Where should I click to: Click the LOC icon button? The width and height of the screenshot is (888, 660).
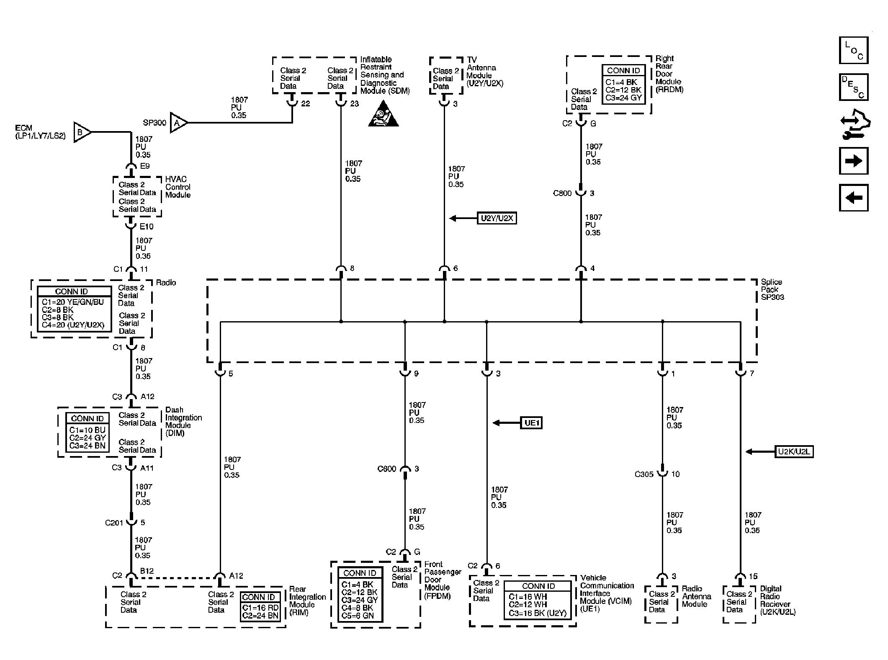tap(853, 50)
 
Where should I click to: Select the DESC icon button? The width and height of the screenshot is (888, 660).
tap(853, 87)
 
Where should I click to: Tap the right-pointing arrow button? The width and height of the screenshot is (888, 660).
tap(853, 161)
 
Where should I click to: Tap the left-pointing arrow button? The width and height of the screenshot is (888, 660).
tap(853, 198)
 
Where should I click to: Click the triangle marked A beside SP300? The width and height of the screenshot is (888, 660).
tap(178, 123)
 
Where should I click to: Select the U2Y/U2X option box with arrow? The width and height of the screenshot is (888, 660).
tap(497, 218)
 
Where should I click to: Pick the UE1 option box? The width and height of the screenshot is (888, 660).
tap(531, 423)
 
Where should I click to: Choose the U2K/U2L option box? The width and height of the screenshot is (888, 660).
tap(794, 452)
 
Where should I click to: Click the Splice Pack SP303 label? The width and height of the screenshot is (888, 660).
tap(772, 290)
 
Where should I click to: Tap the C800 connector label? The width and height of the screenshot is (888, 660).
tap(562, 193)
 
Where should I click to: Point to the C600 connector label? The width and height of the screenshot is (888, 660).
tap(386, 469)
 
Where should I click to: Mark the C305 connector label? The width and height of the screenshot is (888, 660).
tap(644, 474)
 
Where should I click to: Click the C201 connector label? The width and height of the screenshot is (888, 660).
tap(114, 523)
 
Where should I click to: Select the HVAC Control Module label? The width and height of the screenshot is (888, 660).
tap(178, 187)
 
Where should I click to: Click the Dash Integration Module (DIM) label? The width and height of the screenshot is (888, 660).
tap(183, 421)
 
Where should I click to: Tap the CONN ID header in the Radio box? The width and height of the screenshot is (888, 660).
tap(72, 291)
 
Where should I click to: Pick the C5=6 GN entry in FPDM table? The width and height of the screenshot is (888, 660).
tap(357, 616)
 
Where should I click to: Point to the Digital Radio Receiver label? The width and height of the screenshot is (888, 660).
tap(777, 600)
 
